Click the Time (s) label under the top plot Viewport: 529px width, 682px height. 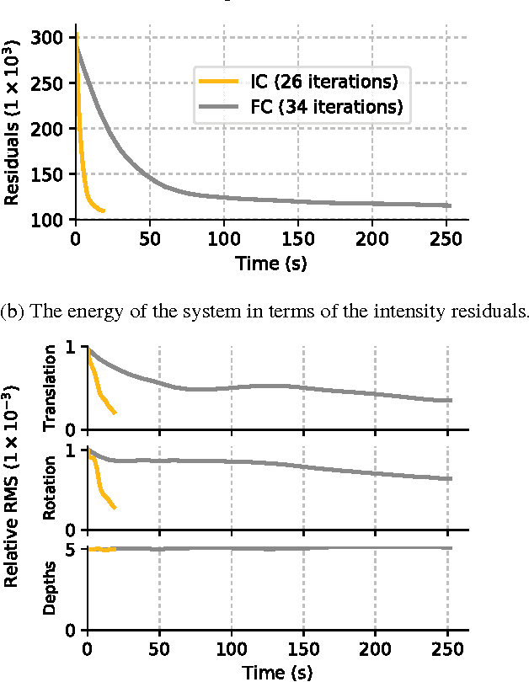pos(270,264)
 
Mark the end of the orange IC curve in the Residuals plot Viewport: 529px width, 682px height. pos(104,210)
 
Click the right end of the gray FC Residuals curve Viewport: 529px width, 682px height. pos(451,205)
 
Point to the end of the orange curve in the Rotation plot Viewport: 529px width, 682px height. pos(115,508)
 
